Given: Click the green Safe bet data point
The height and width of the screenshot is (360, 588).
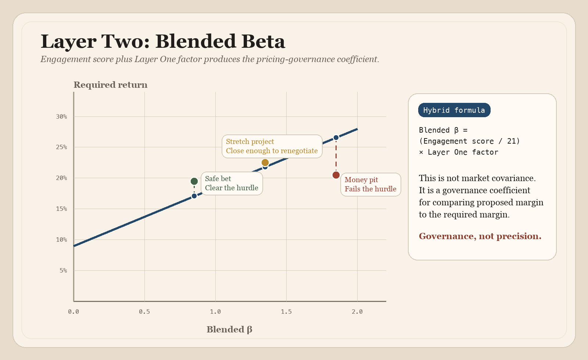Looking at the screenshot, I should pos(194,181).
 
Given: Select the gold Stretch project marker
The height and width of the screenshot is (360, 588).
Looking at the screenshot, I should pos(265,162).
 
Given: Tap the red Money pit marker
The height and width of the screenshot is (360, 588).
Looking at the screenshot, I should pos(336,175).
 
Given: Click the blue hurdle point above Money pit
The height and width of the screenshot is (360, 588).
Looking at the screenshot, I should pos(336,138).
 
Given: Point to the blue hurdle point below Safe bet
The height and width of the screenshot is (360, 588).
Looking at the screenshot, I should pos(194,196).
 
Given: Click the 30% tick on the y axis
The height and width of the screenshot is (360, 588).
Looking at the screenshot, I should pos(61,116).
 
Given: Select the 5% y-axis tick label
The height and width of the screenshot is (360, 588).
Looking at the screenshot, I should pos(63,270).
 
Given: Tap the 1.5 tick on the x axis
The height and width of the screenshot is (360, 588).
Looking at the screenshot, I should pos(286,312).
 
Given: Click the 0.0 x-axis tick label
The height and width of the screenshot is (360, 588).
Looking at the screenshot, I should pos(73,312).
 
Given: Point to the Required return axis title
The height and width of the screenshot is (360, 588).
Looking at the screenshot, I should pos(110,85).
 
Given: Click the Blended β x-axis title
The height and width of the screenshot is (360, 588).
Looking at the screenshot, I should pos(229,330).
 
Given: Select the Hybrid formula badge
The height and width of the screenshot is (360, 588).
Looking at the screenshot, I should pos(454,110).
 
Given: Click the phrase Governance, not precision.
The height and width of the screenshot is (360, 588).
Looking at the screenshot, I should pos(480,236).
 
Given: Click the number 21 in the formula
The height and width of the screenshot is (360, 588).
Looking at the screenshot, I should pos(511,141).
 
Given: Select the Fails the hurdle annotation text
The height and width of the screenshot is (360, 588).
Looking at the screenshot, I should pos(370,189).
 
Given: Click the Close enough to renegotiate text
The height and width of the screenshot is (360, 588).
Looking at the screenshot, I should pos(272,151).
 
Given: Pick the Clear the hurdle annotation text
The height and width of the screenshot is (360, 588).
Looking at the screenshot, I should pos(232,188).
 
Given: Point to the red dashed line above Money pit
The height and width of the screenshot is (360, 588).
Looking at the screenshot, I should pos(336,156).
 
